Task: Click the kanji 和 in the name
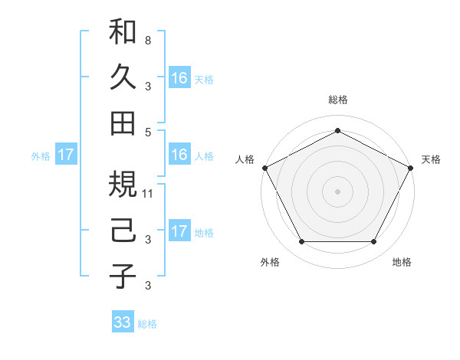pos(123,32)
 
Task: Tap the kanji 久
pos(123,77)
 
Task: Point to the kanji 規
pos(123,184)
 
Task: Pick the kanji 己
pos(123,230)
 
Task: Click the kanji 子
pos(123,276)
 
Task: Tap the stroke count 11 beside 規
pos(149,194)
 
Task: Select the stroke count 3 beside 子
pos(147,286)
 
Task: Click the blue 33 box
pos(122,322)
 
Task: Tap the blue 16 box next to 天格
pos(179,78)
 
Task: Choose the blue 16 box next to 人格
pos(179,155)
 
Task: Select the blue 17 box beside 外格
pos(65,155)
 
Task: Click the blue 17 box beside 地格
pos(179,231)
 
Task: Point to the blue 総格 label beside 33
pos(147,324)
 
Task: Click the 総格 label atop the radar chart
pos(337,100)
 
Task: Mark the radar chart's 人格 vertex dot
pos(264,167)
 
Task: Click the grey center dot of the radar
pos(337,191)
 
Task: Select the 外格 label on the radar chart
pos(270,263)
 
